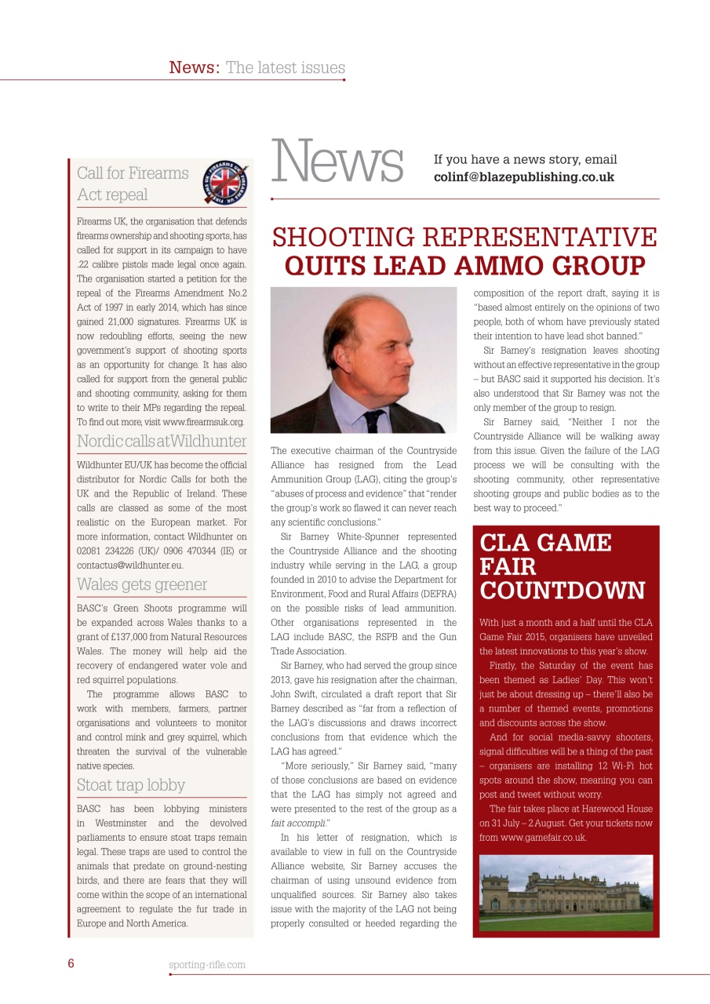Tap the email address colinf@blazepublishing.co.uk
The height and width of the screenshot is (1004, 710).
coord(523,177)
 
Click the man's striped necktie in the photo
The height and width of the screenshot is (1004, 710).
coord(375,417)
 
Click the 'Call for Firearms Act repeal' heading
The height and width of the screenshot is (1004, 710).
coord(133,183)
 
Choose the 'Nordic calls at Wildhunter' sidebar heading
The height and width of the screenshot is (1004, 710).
coord(162,441)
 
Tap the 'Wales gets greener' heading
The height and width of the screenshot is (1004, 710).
coord(142,584)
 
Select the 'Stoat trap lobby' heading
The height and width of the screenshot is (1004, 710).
coord(131,784)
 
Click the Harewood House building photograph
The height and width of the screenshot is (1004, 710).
coord(566,893)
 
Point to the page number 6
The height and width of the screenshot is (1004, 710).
coord(71,964)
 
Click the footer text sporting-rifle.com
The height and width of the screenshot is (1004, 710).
coord(207,965)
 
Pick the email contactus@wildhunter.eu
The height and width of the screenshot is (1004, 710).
coord(129,565)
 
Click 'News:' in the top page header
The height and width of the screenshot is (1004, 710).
coord(194,67)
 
